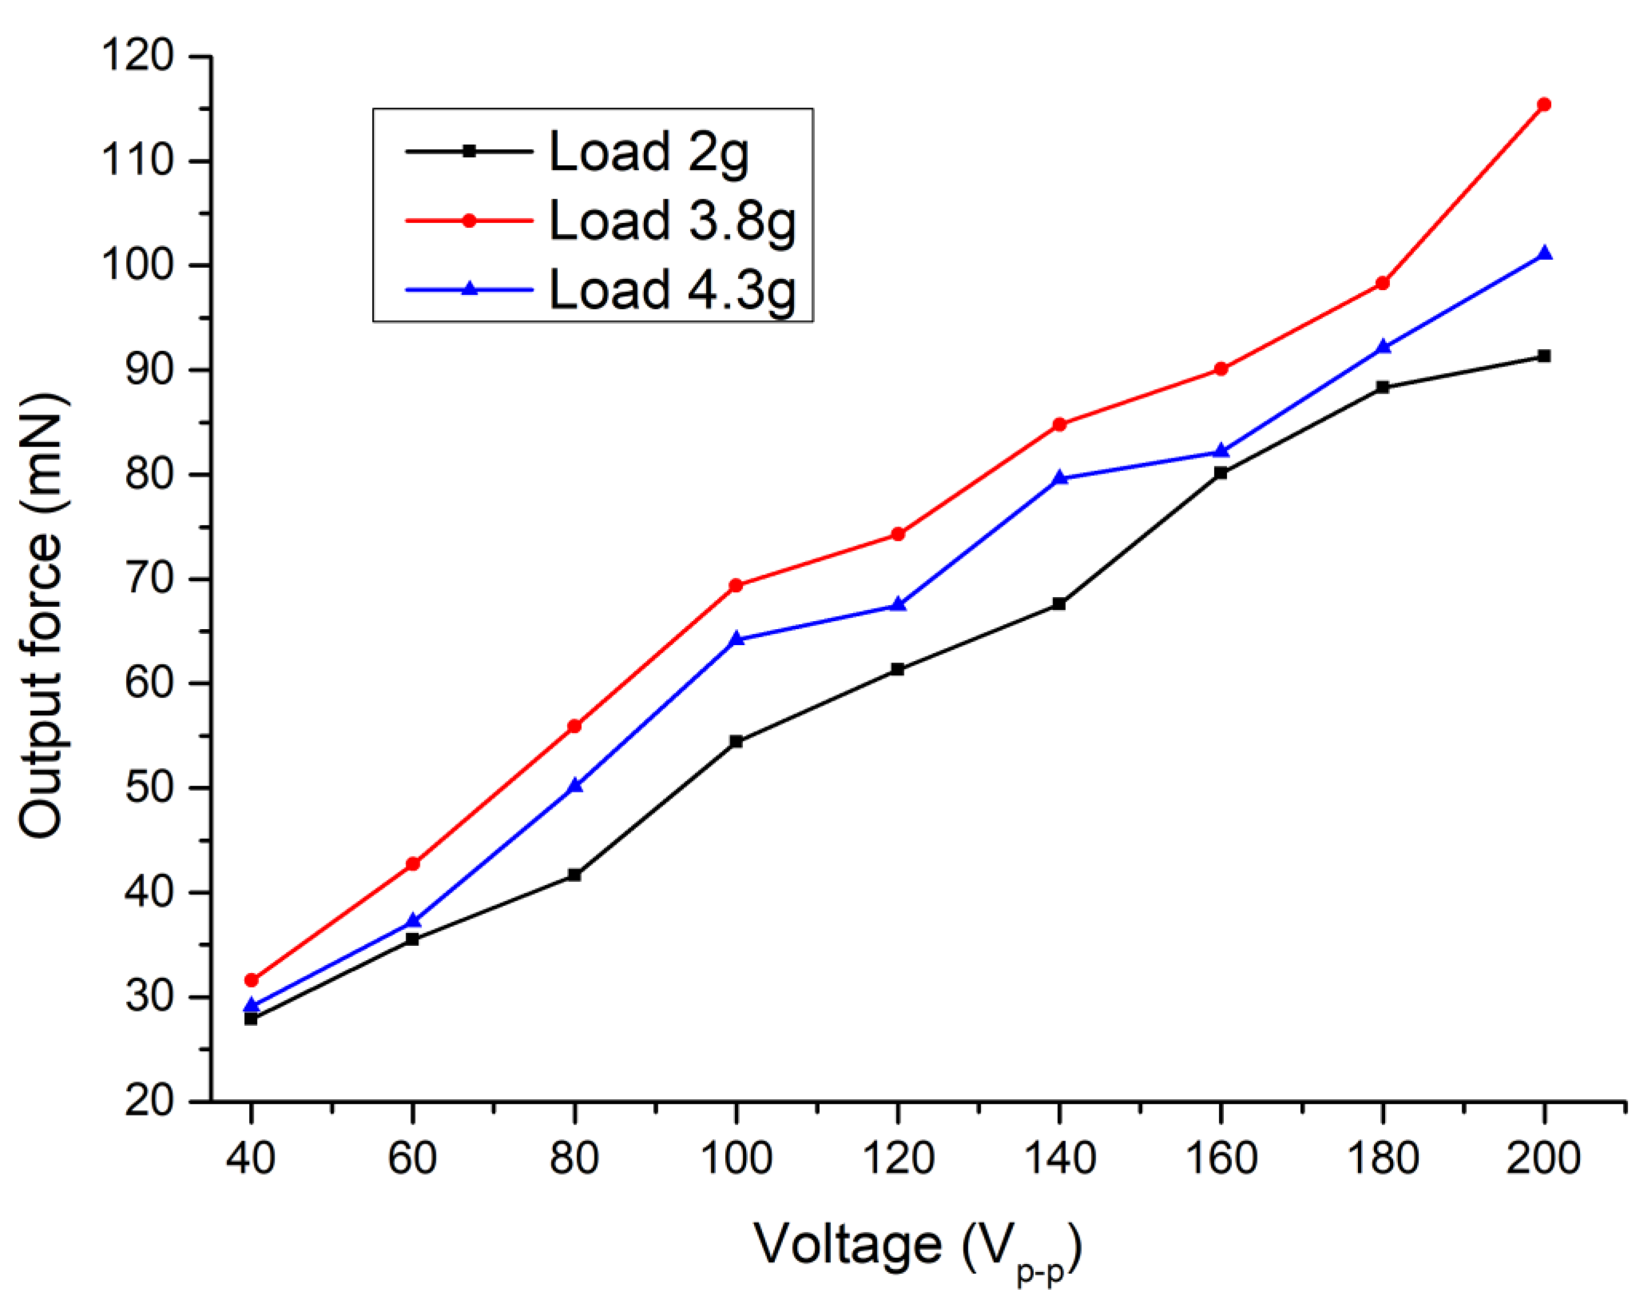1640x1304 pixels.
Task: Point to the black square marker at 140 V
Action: tap(1059, 604)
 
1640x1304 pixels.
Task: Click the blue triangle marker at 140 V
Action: tap(1059, 478)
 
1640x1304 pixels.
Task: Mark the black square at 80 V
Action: tap(574, 875)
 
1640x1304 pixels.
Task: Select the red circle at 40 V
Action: tap(251, 980)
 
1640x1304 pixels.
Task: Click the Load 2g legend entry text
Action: tap(648, 153)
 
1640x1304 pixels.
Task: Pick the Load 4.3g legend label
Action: tap(672, 291)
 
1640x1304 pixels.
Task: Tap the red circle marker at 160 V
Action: tap(1221, 369)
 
